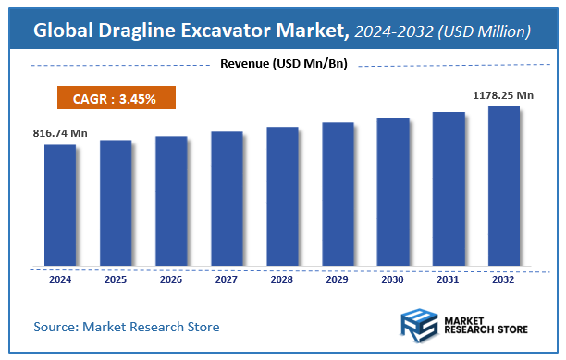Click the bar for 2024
pos(60,205)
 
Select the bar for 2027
pos(227,198)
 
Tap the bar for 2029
pos(338,193)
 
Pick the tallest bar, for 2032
pos(504,186)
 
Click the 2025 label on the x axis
pos(116,279)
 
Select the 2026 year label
pos(171,279)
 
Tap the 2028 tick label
pos(282,279)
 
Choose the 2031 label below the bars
pos(449,279)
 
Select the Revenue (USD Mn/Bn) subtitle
pos(283,64)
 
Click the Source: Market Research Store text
pos(128,327)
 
